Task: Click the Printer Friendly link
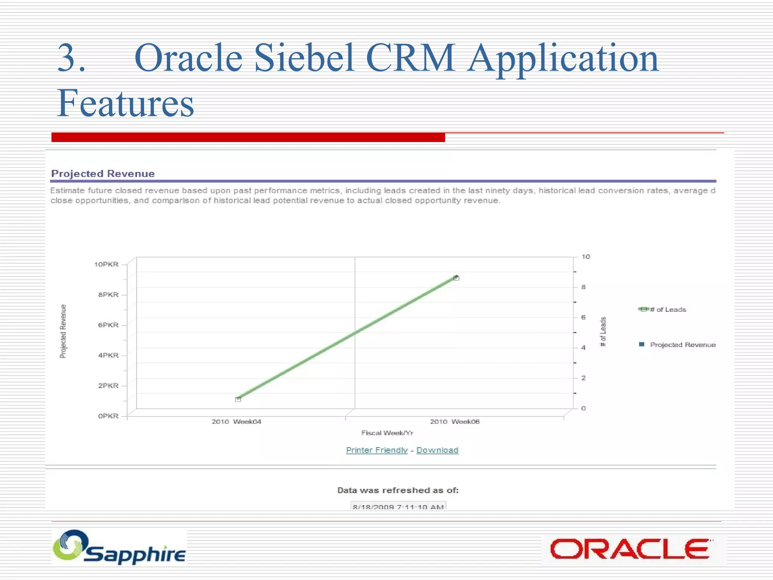coord(377,450)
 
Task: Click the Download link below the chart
coord(437,450)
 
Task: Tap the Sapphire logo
coord(119,547)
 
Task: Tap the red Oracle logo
coord(630,549)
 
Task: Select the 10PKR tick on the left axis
coord(106,264)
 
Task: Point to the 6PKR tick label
coord(108,325)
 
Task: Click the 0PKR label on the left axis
coord(108,416)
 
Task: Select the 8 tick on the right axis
coord(584,287)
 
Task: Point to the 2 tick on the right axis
coord(584,378)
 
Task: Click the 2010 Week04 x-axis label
coord(236,422)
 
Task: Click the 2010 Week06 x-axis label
coord(455,422)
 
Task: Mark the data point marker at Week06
coord(456,278)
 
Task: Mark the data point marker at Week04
coord(238,399)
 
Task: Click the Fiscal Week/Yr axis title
coord(387,433)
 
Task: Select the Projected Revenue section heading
coord(103,174)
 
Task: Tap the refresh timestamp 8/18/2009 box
coord(398,506)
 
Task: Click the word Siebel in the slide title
coord(304,59)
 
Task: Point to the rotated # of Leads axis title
coord(603,332)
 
